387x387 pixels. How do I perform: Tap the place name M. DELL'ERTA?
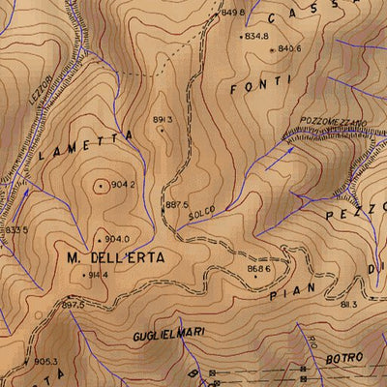[116, 258]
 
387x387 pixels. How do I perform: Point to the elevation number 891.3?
[163, 119]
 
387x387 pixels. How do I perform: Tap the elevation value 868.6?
[258, 268]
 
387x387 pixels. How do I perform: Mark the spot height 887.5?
[176, 205]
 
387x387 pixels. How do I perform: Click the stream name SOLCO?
[201, 212]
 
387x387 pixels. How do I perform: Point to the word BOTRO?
[343, 358]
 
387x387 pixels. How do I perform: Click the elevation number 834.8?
[256, 36]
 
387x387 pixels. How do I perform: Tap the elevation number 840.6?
[289, 48]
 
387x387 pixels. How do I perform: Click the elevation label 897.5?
[74, 305]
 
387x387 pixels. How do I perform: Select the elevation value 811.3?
[348, 305]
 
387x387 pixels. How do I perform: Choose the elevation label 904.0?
[116, 239]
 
